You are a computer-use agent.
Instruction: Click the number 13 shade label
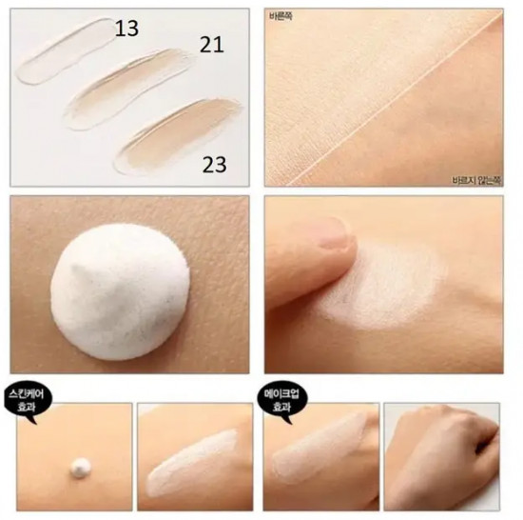point(126,29)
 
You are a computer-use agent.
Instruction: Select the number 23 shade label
point(215,165)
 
